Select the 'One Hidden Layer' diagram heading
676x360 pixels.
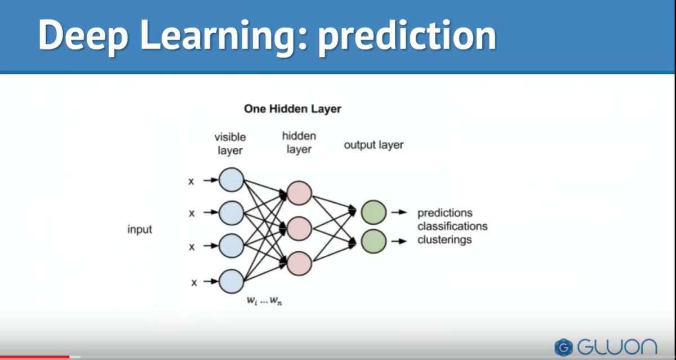[x=292, y=109]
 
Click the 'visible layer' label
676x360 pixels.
[x=230, y=144]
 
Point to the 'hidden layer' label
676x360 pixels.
[x=299, y=143]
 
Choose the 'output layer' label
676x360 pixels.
[x=373, y=145]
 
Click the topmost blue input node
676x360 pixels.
[x=231, y=180]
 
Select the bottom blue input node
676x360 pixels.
[x=231, y=281]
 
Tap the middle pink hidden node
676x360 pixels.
[x=299, y=228]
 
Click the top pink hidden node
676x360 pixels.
[x=299, y=193]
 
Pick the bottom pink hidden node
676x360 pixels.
[x=299, y=263]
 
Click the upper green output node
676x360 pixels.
[x=373, y=212]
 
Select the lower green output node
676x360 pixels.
[x=373, y=241]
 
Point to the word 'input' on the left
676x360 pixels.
[x=139, y=230]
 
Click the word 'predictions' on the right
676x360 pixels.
[x=444, y=214]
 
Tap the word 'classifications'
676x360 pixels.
[x=452, y=226]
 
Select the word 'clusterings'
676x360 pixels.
[x=444, y=239]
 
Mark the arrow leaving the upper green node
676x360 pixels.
[x=399, y=212]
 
